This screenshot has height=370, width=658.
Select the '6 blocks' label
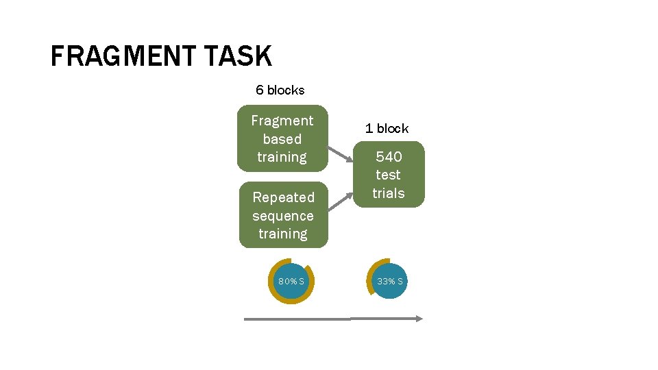(280, 90)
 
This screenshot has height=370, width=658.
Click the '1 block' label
(387, 128)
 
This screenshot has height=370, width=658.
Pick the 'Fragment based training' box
(282, 138)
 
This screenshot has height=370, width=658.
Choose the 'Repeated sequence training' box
(283, 215)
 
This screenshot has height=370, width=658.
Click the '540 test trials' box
(389, 175)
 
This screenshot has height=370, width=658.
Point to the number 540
(389, 157)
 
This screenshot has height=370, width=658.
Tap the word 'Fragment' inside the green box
(282, 121)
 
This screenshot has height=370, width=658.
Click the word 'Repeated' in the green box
(283, 197)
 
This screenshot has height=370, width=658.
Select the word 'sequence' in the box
(283, 216)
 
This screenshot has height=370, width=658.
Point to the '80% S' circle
(291, 281)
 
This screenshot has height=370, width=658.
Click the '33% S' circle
(389, 281)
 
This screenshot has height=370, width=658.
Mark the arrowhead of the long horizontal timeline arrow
(419, 318)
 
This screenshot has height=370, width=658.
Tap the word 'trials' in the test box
(389, 193)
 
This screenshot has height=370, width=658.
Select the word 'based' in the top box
(282, 139)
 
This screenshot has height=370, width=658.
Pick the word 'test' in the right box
(389, 175)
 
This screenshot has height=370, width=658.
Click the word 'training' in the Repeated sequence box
(283, 234)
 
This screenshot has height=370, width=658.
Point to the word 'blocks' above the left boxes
(286, 90)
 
